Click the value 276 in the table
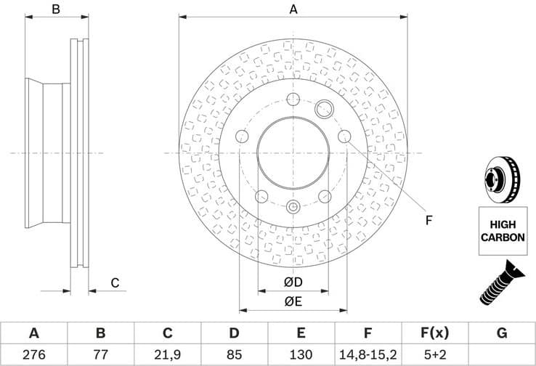[33, 354]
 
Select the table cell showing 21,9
[167, 354]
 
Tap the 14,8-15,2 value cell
[368, 354]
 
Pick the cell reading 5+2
[434, 354]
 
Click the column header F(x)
[434, 333]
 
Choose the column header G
[502, 333]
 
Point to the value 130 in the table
[301, 354]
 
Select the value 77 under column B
[100, 354]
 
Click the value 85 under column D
[234, 354]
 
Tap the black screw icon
[500, 282]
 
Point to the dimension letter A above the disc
[293, 9]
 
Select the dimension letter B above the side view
[55, 9]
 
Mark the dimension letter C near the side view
[114, 283]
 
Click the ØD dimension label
[293, 282]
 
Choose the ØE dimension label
[293, 302]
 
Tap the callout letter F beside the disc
[429, 220]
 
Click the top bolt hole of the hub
[293, 99]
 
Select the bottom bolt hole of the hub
[293, 207]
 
